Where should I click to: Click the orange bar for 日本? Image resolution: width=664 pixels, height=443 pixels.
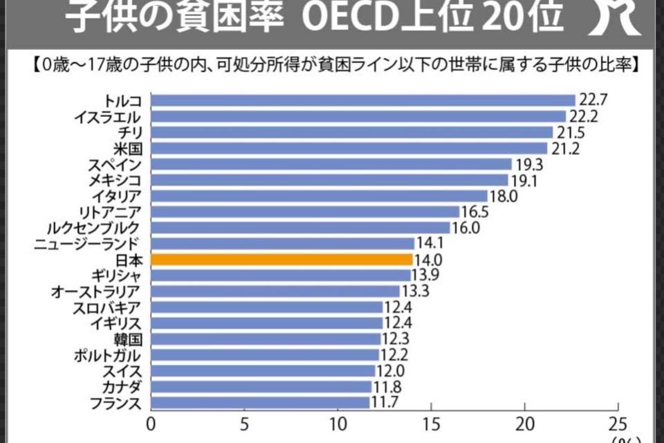click(x=282, y=260)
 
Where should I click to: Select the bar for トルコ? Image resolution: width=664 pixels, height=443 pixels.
click(x=363, y=100)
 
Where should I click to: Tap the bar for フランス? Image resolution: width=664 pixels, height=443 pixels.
click(x=260, y=402)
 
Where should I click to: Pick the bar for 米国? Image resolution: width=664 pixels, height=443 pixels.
click(x=349, y=148)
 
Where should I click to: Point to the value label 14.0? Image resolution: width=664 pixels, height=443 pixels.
click(x=429, y=260)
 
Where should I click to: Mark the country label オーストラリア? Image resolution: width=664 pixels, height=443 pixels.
click(x=96, y=291)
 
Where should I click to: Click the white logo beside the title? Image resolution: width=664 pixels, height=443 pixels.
click(x=619, y=17)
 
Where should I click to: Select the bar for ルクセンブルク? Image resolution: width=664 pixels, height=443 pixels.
click(x=300, y=228)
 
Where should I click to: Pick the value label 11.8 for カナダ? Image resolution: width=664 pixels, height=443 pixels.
click(x=387, y=386)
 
